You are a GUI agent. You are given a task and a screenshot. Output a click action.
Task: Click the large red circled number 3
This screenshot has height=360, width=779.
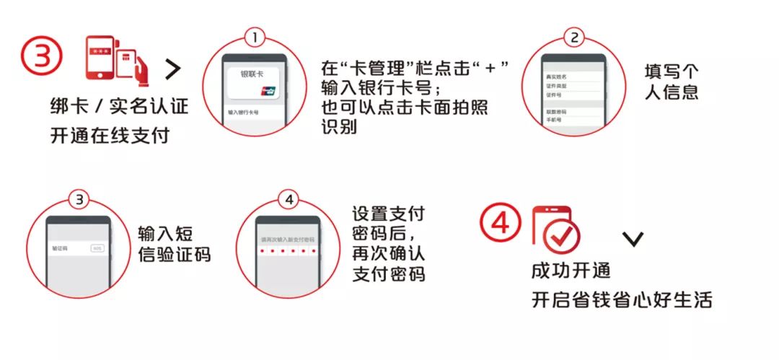click(41, 56)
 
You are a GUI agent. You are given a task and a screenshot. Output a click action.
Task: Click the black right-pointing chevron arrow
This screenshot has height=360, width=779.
click(173, 69)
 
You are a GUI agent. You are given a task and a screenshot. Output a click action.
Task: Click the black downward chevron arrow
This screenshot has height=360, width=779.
click(633, 239)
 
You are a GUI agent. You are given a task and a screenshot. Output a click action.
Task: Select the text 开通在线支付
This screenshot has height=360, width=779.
click(110, 135)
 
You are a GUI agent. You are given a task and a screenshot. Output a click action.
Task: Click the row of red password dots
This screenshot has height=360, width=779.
click(288, 251)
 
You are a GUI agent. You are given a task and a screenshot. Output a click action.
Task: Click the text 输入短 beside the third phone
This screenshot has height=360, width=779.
click(165, 234)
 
